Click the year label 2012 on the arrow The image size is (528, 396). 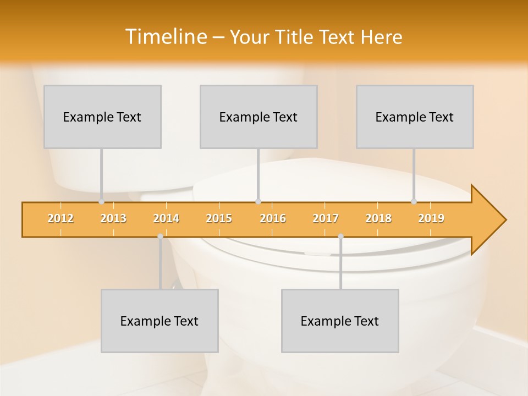tap(61, 218)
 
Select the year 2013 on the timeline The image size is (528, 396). tap(113, 218)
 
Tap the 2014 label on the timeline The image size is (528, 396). tap(166, 218)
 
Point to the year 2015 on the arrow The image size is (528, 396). tap(219, 218)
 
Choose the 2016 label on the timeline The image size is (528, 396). tap(273, 218)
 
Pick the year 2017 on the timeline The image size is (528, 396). tap(326, 218)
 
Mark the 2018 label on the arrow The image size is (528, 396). tap(378, 218)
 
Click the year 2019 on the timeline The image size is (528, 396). tap(431, 218)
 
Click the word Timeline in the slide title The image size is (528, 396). tap(165, 37)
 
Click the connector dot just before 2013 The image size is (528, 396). tap(101, 202)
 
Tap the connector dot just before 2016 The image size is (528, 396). tap(258, 202)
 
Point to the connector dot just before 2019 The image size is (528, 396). tap(414, 202)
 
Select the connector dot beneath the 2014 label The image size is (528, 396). tap(160, 237)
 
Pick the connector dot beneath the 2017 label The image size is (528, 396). tap(340, 237)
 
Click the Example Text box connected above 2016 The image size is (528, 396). tap(258, 117)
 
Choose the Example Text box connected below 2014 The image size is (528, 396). tap(159, 321)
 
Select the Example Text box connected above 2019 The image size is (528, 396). tap(415, 117)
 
